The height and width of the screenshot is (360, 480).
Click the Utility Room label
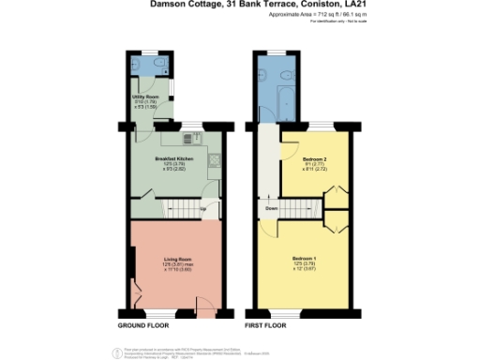pos(143,98)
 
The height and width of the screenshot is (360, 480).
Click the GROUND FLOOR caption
pos(143,326)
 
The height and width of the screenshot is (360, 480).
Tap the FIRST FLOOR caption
pos(266,326)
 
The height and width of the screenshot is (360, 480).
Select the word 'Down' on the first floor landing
pos(270,208)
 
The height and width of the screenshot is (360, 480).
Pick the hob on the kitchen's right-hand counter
pos(215,158)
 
